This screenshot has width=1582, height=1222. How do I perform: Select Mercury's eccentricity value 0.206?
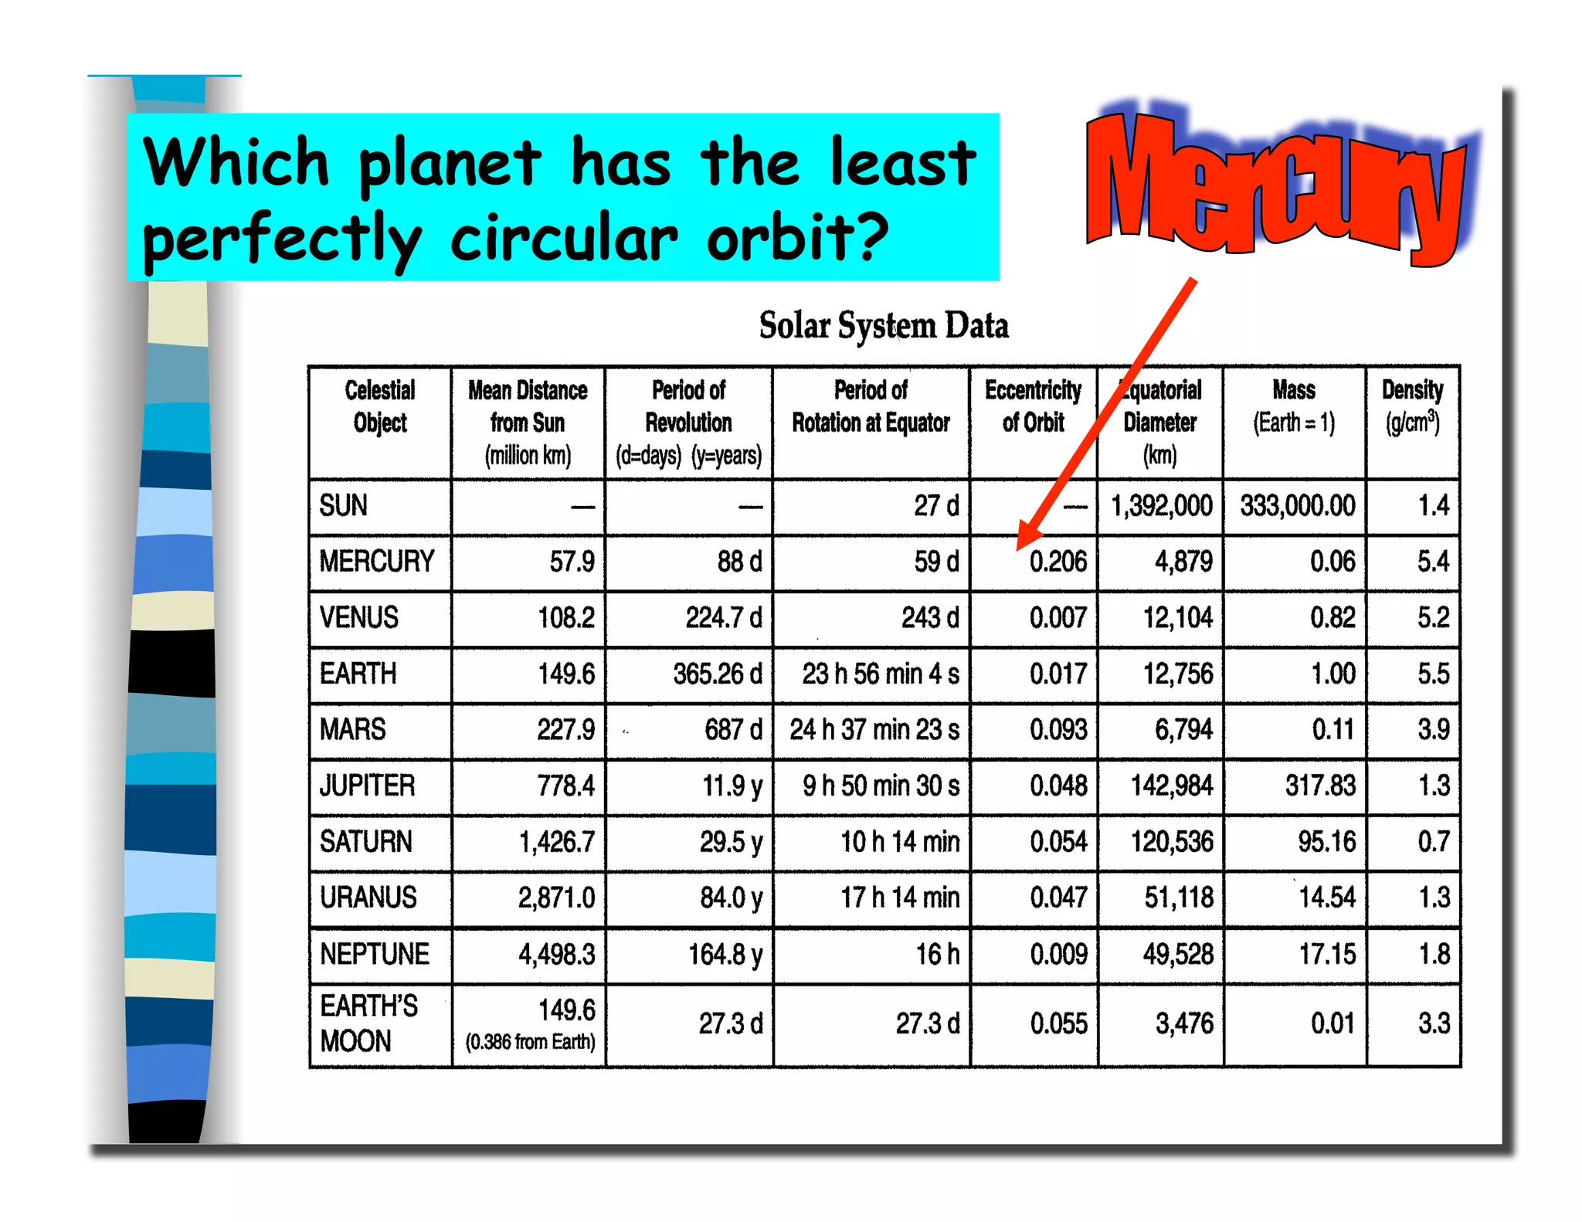pos(1057,562)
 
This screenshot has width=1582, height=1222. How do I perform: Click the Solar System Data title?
pos(883,325)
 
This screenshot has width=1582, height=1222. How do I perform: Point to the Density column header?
pos(1412,406)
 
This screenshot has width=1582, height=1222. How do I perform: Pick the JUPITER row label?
pos(368,786)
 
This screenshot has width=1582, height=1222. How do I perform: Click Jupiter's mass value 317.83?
pos(1319,786)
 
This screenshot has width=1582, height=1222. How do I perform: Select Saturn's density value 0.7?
pos(1433,841)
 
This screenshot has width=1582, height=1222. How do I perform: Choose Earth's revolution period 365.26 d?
pos(717,674)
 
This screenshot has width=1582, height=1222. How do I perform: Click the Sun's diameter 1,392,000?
pos(1161,506)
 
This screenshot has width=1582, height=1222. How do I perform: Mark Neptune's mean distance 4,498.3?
pos(556,954)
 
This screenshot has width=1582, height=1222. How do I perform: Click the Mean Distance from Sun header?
pos(528,422)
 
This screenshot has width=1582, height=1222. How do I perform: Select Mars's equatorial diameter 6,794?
pos(1183,729)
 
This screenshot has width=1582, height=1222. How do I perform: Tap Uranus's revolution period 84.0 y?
pos(731,898)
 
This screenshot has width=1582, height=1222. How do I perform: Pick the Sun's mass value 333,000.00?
pos(1297,506)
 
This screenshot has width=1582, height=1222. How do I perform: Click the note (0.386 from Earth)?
pos(530,1042)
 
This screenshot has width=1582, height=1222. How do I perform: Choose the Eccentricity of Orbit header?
pos(1033,406)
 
